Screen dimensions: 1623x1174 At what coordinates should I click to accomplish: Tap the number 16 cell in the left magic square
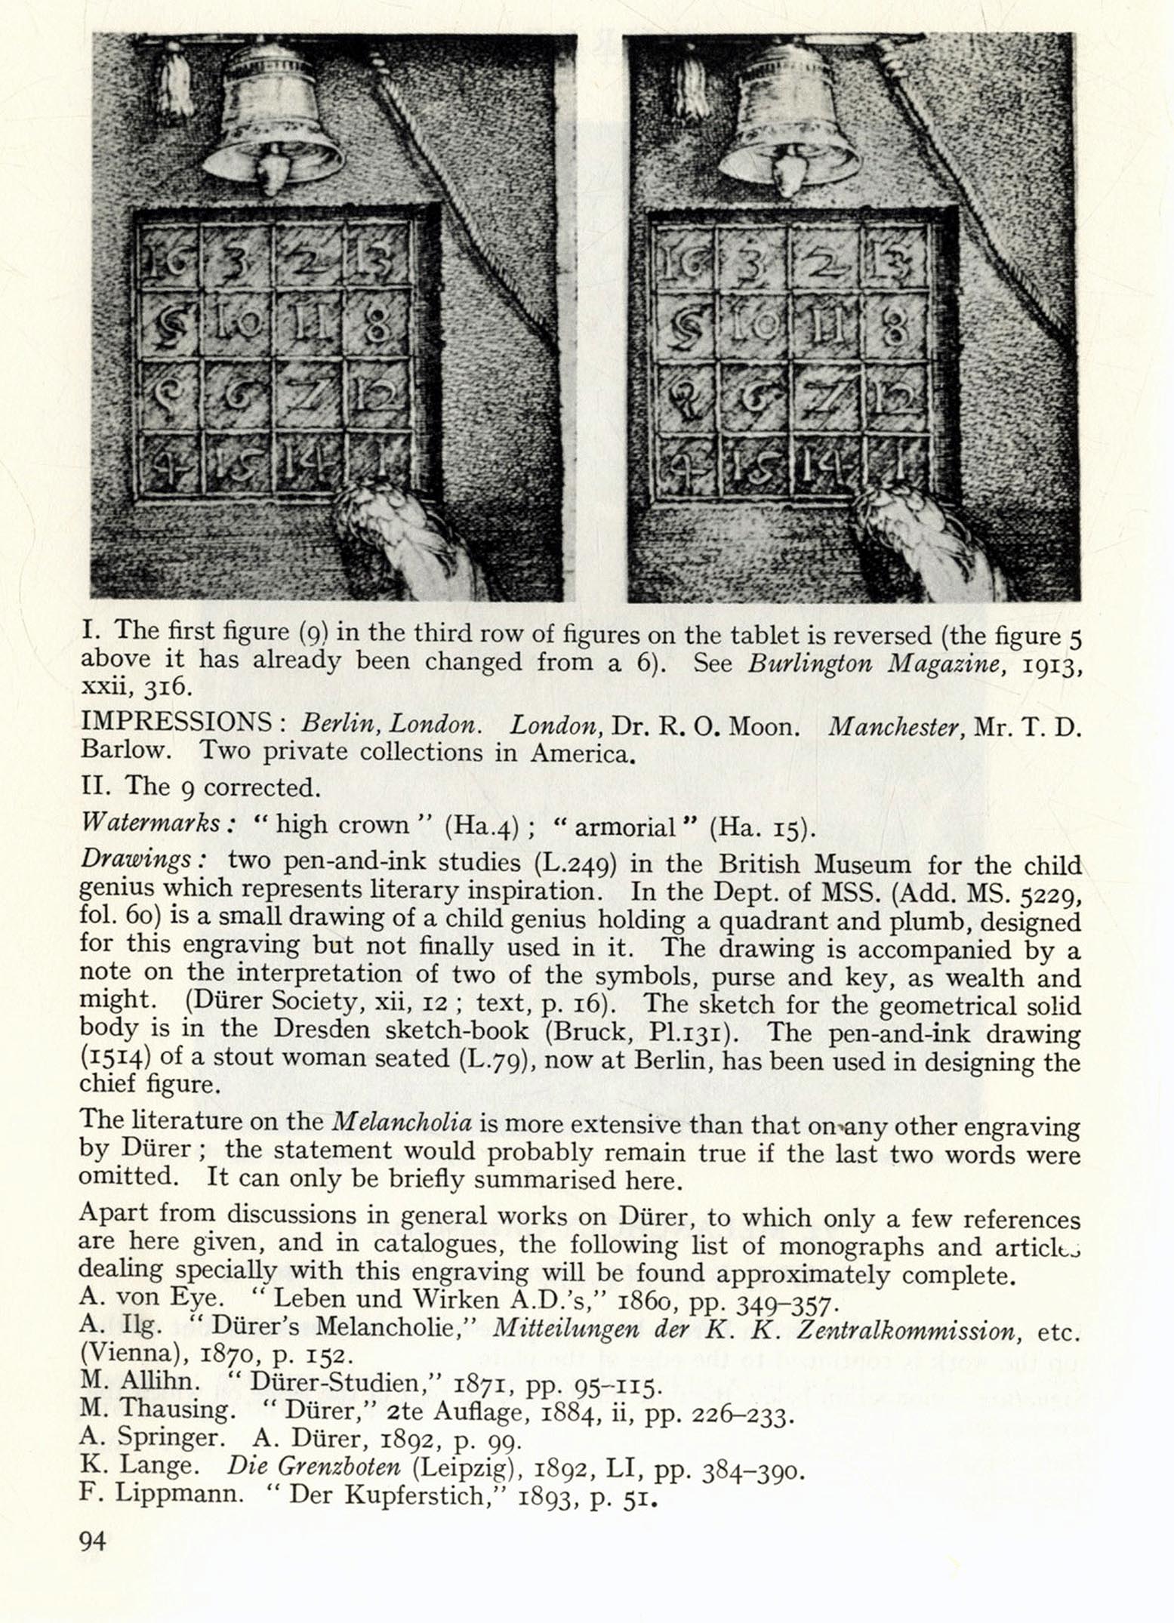tap(168, 261)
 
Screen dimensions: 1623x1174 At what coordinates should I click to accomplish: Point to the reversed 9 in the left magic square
tap(168, 393)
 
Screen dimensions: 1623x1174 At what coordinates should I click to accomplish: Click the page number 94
tap(93, 1540)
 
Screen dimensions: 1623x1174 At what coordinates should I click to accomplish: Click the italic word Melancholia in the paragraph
tap(402, 1122)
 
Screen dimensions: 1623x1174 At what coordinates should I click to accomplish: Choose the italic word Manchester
tap(893, 726)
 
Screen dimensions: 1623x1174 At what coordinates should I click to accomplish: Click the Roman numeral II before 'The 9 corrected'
tap(95, 786)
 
